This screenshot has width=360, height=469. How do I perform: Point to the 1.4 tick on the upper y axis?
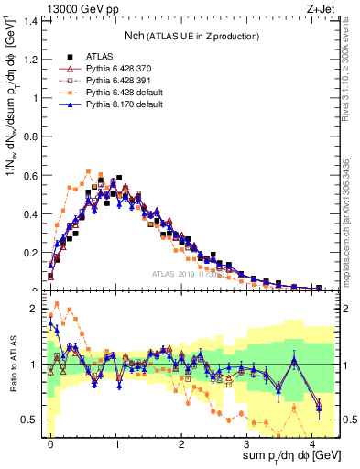click(29, 20)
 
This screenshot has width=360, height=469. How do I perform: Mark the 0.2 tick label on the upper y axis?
click(29, 253)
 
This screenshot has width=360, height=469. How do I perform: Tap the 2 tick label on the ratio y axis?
click(34, 309)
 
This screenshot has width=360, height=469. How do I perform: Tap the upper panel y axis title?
click(12, 151)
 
